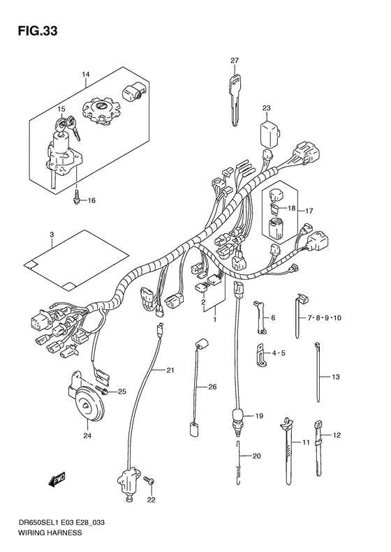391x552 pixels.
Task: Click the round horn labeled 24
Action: click(87, 404)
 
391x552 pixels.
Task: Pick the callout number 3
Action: click(52, 234)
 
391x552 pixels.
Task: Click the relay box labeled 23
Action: click(267, 132)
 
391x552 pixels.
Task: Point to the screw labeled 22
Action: click(149, 481)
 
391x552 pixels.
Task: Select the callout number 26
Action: click(212, 387)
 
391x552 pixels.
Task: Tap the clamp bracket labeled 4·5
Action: click(259, 353)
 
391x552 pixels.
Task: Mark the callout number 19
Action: click(258, 416)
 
